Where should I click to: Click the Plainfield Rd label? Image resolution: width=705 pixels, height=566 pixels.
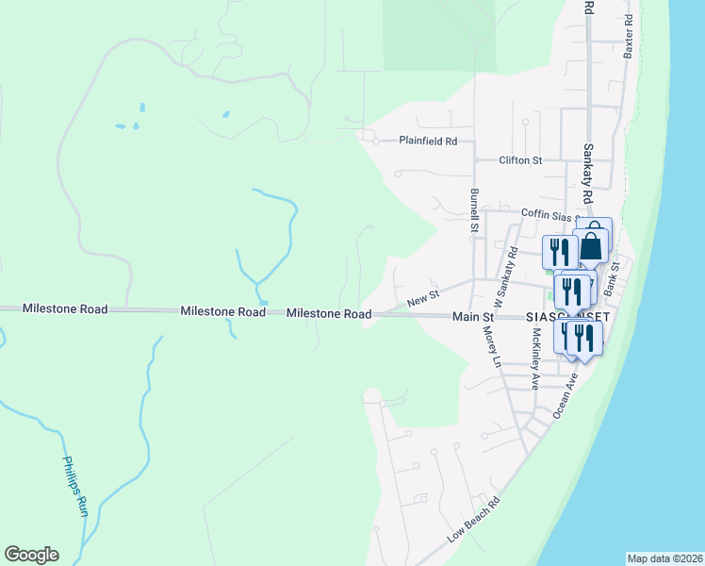tap(427, 141)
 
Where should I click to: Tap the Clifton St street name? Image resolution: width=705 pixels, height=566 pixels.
tap(520, 160)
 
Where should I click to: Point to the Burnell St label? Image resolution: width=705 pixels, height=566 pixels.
tap(474, 209)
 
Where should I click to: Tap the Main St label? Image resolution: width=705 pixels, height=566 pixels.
tap(473, 318)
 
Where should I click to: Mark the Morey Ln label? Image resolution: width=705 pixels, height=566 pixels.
tap(491, 347)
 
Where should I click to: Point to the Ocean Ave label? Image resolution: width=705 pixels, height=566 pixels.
tap(566, 395)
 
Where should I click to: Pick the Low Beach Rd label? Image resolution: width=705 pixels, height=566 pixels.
tap(473, 519)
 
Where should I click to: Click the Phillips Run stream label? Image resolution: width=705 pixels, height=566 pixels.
tap(74, 487)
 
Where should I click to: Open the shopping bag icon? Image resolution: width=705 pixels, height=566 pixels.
tap(592, 244)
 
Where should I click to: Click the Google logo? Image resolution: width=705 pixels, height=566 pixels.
tap(31, 555)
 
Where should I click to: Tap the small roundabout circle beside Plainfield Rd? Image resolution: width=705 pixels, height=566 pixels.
tap(375, 141)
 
